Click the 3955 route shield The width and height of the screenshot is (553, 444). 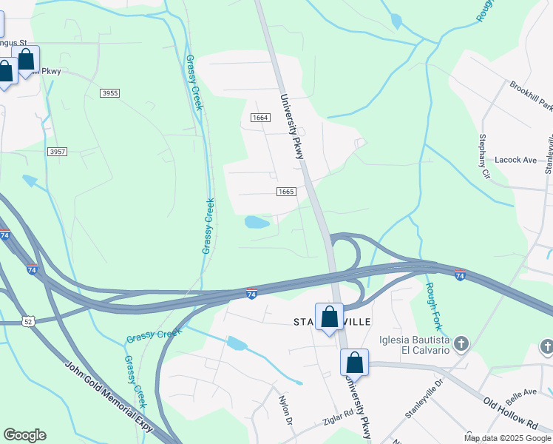click(x=110, y=92)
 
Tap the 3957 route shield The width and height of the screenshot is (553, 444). click(x=57, y=152)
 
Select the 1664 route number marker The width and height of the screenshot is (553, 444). click(x=259, y=118)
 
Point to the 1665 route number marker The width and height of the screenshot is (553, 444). click(x=287, y=192)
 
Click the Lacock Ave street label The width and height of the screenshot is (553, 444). click(x=515, y=160)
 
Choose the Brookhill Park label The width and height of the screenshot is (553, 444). click(x=530, y=95)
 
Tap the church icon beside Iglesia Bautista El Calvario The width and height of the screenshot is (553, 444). click(x=461, y=343)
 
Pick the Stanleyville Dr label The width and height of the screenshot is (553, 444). click(x=423, y=399)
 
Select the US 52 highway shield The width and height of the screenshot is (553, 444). click(x=28, y=321)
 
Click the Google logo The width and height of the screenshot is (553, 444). click(x=24, y=435)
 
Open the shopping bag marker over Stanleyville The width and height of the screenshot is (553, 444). click(x=329, y=317)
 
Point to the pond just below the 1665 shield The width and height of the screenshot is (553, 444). click(x=257, y=222)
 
